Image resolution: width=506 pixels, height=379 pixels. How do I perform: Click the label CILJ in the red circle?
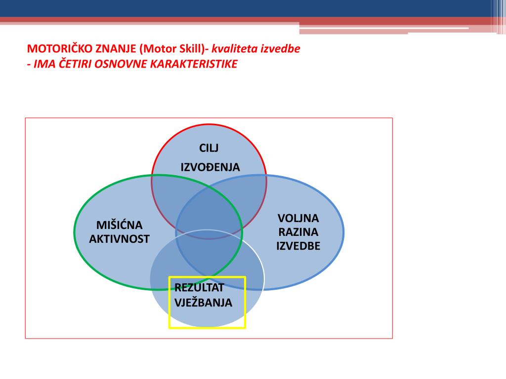(x=209, y=148)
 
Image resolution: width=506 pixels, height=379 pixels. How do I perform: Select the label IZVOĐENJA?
(x=210, y=167)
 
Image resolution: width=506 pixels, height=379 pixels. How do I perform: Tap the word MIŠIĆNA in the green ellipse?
(x=119, y=226)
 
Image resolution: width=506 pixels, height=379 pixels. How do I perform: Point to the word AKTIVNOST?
(x=119, y=239)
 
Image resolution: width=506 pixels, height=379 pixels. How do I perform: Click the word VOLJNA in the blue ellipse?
(x=298, y=218)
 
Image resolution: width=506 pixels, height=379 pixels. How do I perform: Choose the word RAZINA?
(x=298, y=232)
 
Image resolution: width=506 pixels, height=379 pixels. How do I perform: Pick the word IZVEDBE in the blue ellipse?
(x=298, y=246)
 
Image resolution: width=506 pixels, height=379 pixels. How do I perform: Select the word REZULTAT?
(x=200, y=288)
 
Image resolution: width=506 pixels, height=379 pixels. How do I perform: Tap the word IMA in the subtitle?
(x=43, y=64)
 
